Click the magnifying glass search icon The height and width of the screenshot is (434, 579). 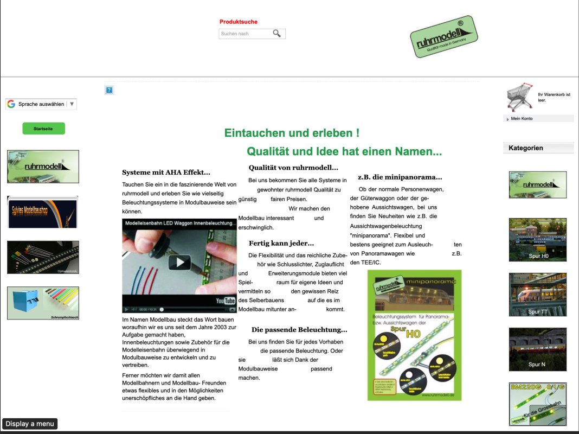[x=277, y=34]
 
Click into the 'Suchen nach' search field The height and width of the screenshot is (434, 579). [x=244, y=34]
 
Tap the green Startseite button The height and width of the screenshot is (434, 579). [x=43, y=129]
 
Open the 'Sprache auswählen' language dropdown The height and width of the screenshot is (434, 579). [x=41, y=104]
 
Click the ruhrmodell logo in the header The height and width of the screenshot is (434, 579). [x=443, y=37]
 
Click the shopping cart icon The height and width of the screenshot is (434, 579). [x=519, y=97]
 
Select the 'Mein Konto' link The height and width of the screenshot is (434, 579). [x=522, y=119]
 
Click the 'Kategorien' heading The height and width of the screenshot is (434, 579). [x=526, y=148]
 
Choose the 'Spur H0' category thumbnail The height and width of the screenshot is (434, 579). [x=537, y=240]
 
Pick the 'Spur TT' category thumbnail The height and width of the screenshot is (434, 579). [x=537, y=295]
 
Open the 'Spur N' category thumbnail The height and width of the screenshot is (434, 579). [x=537, y=349]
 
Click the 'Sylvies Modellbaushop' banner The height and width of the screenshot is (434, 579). [x=43, y=212]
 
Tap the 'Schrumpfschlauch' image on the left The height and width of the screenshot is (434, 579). [x=43, y=303]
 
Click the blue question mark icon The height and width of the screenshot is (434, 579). [x=109, y=90]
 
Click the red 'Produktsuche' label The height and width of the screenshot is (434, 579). [x=239, y=22]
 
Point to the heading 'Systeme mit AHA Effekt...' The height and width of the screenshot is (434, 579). [x=166, y=173]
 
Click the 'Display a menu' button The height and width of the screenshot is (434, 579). [x=30, y=424]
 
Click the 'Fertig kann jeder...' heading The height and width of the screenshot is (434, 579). [x=281, y=243]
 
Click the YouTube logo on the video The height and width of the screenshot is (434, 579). [x=226, y=301]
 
